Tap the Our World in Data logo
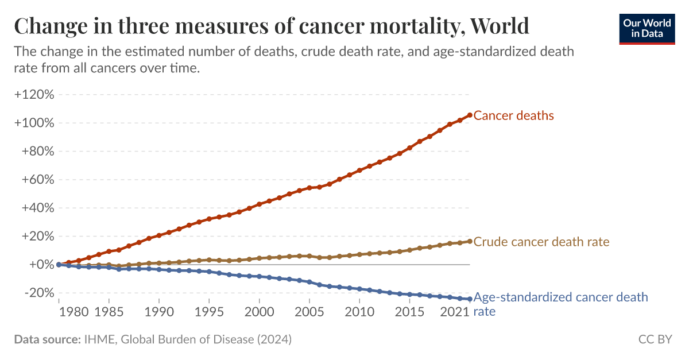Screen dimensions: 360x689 pyautogui.click(x=647, y=27)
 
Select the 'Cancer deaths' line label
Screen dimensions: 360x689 pyautogui.click(x=513, y=116)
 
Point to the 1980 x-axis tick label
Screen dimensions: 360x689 pyautogui.click(x=74, y=312)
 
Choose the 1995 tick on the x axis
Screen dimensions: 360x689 pyautogui.click(x=210, y=312)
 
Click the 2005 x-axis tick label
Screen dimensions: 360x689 pyautogui.click(x=310, y=312)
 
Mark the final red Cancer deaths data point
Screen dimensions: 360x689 pyautogui.click(x=470, y=115)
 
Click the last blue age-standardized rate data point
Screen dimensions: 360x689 pyautogui.click(x=470, y=299)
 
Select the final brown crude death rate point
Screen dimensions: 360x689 pyautogui.click(x=470, y=241)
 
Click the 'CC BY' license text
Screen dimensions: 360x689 pyautogui.click(x=655, y=340)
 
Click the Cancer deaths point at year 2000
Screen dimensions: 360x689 pyautogui.click(x=260, y=204)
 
